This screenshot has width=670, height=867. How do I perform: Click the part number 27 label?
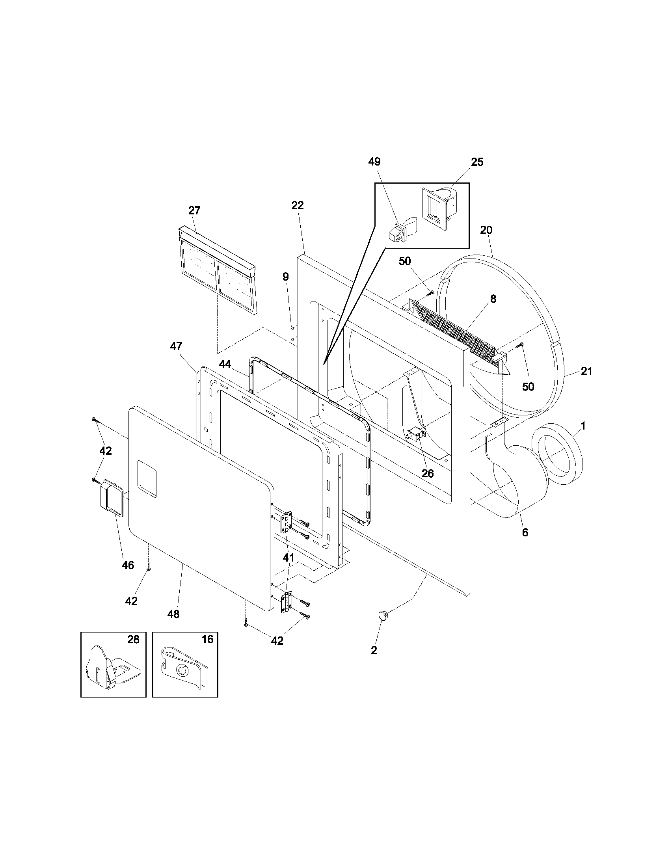[194, 210]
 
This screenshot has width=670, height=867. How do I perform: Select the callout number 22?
[297, 205]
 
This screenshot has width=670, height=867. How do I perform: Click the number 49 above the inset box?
[374, 162]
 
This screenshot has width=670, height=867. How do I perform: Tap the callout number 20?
[486, 230]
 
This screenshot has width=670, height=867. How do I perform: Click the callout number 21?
[586, 371]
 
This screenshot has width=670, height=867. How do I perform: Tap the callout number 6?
[525, 533]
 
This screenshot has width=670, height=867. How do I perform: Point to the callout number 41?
[288, 558]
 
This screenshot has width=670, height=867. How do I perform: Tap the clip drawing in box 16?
[185, 671]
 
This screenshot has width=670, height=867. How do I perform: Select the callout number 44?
[225, 364]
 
